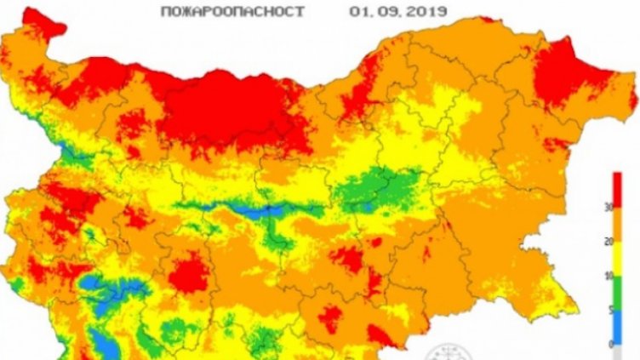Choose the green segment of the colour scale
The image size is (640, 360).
[617, 294]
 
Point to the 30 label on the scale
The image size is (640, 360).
[632, 208]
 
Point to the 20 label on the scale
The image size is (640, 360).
[632, 243]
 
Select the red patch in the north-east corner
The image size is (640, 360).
[572, 82]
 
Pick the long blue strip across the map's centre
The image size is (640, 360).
[255, 209]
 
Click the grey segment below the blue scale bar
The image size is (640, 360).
[617, 351]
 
